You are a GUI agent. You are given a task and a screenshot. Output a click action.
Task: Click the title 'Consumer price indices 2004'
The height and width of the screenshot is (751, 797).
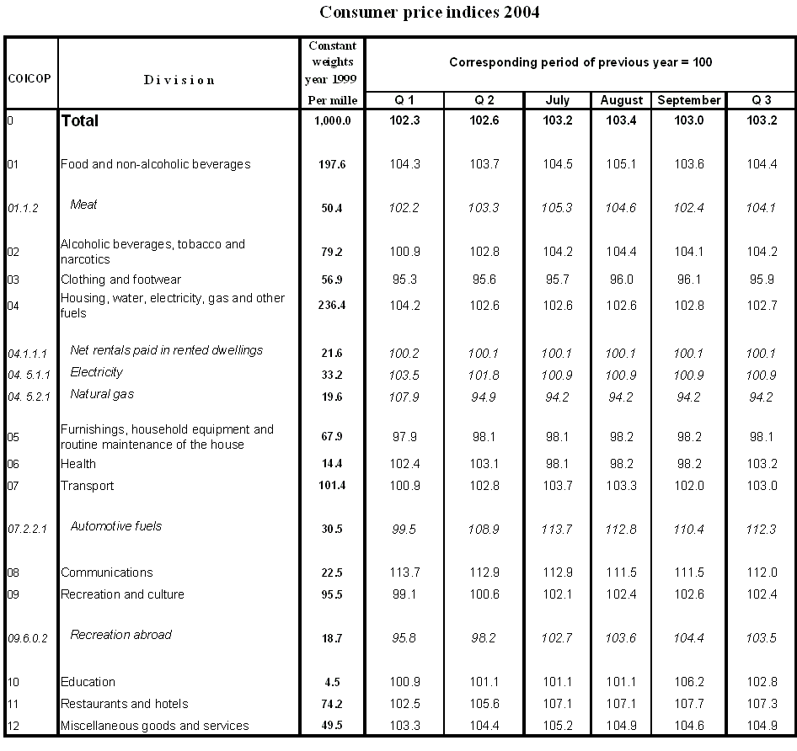[430, 13]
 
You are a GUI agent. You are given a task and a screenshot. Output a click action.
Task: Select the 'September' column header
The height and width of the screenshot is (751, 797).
[688, 100]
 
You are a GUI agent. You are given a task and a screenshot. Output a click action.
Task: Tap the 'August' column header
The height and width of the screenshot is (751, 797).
[622, 100]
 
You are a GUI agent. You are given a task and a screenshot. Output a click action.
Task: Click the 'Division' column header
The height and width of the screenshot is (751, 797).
[179, 80]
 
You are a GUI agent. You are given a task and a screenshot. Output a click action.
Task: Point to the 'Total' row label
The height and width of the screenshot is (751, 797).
[79, 121]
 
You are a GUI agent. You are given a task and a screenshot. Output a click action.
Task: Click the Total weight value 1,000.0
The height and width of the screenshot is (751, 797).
[333, 121]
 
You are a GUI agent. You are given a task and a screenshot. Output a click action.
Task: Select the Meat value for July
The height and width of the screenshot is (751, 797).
[558, 208]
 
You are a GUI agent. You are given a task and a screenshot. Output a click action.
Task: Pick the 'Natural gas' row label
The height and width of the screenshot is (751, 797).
[102, 394]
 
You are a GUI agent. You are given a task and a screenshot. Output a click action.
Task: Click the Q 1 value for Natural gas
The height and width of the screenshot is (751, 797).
[405, 397]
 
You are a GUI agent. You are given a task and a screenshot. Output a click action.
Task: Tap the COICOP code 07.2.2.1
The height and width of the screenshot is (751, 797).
[28, 530]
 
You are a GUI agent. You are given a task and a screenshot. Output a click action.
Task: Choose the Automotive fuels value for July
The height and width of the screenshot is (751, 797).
[558, 530]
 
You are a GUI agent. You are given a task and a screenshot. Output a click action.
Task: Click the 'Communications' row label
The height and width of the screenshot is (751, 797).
[106, 573]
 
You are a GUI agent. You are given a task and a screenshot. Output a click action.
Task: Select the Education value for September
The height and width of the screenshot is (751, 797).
[688, 682]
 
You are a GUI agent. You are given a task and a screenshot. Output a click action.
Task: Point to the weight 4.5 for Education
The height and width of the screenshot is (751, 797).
[333, 682]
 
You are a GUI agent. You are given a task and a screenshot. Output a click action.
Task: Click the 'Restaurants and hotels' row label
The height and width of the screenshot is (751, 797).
[124, 704]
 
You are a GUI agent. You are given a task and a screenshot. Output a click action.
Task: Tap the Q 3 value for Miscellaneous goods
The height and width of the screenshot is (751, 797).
[762, 726]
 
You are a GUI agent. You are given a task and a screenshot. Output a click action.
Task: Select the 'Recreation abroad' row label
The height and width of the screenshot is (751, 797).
[120, 635]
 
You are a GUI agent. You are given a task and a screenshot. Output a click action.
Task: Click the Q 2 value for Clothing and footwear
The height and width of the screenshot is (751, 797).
[484, 280]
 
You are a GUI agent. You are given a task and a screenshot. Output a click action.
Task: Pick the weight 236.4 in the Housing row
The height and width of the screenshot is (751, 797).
[333, 306]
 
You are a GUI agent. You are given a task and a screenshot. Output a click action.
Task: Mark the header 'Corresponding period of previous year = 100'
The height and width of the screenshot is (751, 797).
[581, 62]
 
